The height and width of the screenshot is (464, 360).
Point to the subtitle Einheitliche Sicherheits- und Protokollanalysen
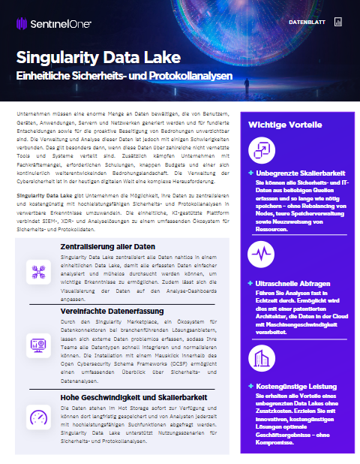[x=125, y=77]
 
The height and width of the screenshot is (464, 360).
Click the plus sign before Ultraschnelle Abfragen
[x=250, y=284]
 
